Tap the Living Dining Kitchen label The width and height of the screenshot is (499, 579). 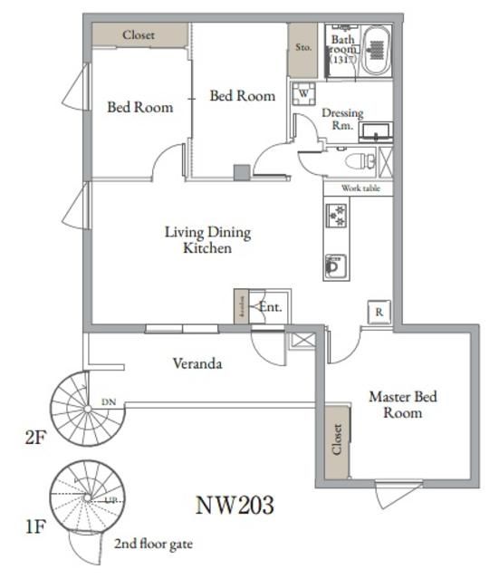(x=207, y=239)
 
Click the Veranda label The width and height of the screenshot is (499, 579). (x=198, y=364)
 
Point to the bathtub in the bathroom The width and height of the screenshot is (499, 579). (x=376, y=50)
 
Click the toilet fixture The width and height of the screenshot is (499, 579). (x=360, y=162)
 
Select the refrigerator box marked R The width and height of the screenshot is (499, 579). (x=379, y=311)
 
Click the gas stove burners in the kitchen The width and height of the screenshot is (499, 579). (x=336, y=216)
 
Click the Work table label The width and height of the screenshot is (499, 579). (x=360, y=188)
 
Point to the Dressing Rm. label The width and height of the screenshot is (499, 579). (x=342, y=119)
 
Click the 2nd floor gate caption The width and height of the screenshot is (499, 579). (x=153, y=545)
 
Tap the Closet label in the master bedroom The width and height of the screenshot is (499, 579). (x=337, y=441)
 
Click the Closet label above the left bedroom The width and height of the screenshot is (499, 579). (x=139, y=35)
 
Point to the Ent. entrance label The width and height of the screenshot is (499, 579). (x=270, y=307)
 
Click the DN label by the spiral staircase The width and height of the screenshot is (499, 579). (x=109, y=401)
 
